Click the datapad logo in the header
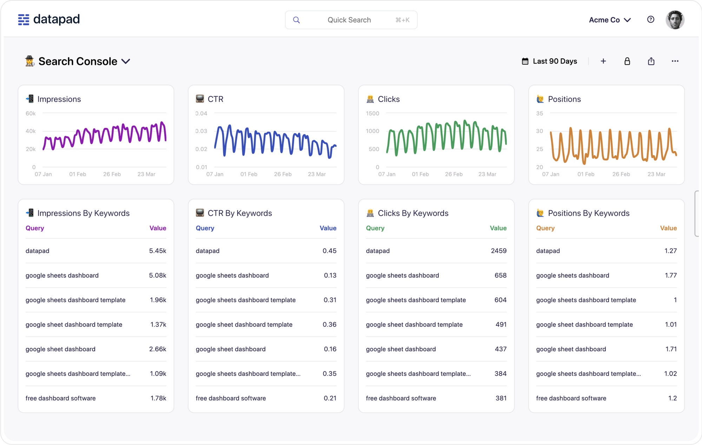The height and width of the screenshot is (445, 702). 49,19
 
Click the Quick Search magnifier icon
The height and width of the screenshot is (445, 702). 297,20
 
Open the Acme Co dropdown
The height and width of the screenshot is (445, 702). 610,20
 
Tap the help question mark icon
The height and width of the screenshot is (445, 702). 650,20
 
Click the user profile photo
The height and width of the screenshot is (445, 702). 675,20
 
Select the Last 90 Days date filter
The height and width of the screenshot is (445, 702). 549,61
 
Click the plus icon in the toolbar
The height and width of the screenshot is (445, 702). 603,61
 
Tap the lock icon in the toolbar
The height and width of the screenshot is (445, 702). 627,61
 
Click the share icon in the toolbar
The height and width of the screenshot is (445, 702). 651,61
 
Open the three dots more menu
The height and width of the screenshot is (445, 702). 675,61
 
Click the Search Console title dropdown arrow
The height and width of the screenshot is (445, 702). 126,61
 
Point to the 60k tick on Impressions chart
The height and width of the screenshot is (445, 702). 31,113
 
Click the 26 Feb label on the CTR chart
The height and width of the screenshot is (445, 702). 283,174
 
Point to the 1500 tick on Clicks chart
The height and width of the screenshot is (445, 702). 372,113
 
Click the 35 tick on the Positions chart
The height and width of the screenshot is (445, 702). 539,113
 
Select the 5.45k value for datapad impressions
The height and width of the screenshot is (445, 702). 157,251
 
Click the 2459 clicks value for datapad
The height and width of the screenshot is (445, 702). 498,251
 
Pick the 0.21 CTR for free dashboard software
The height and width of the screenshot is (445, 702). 330,398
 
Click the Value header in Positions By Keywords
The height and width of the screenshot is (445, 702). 668,228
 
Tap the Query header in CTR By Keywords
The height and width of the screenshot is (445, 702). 205,228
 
